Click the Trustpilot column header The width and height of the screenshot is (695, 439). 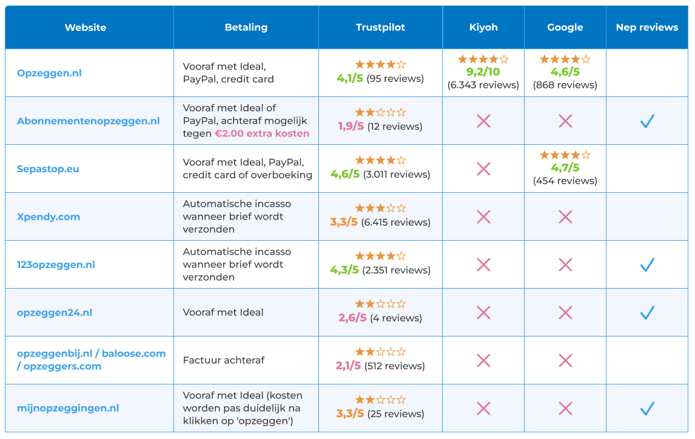click(x=380, y=27)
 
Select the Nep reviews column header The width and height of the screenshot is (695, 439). click(x=646, y=27)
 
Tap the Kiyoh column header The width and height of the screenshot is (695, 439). click(x=483, y=27)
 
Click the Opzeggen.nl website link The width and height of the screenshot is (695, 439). click(x=49, y=73)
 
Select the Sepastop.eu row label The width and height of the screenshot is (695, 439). click(x=48, y=169)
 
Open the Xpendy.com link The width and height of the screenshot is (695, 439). click(x=49, y=216)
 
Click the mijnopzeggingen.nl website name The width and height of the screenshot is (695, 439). click(x=68, y=408)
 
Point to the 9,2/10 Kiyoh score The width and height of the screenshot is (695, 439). click(x=483, y=72)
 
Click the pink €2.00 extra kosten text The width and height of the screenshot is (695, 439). click(x=262, y=133)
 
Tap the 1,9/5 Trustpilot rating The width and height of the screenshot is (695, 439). click(x=351, y=126)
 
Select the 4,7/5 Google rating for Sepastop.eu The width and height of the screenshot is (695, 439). click(x=565, y=168)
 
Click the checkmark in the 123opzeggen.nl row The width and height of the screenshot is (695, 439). click(x=647, y=264)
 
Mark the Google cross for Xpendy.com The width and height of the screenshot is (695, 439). click(x=565, y=216)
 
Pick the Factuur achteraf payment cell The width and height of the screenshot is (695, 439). click(x=224, y=360)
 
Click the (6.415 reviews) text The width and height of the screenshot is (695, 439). click(x=395, y=223)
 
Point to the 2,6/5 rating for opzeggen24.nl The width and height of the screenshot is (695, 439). click(x=352, y=318)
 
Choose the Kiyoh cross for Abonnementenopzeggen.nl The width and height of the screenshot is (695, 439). click(x=483, y=121)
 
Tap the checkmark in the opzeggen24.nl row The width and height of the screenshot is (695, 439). click(x=647, y=312)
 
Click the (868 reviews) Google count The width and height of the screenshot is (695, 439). click(x=565, y=85)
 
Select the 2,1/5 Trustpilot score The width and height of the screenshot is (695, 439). click(x=348, y=366)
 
